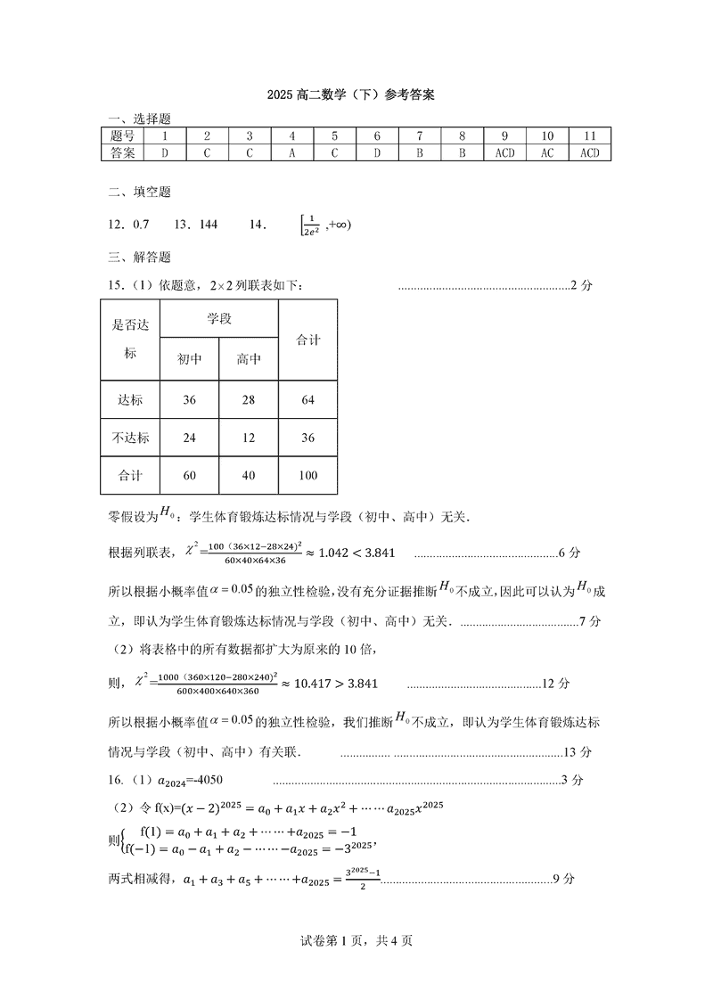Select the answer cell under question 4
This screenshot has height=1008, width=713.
click(x=291, y=152)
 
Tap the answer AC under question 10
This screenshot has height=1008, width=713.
click(x=547, y=152)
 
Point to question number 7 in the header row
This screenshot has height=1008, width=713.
click(x=419, y=136)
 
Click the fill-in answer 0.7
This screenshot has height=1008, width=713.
click(x=141, y=225)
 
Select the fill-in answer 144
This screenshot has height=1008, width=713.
click(x=209, y=225)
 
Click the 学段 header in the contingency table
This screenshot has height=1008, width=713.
click(x=219, y=318)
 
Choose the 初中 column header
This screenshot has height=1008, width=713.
click(x=189, y=359)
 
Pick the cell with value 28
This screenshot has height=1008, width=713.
click(x=249, y=400)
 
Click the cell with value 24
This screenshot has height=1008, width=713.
click(x=189, y=438)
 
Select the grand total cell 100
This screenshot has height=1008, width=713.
click(x=308, y=475)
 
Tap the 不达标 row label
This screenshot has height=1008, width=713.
click(x=130, y=438)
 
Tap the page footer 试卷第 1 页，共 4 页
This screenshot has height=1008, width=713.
click(x=356, y=939)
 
